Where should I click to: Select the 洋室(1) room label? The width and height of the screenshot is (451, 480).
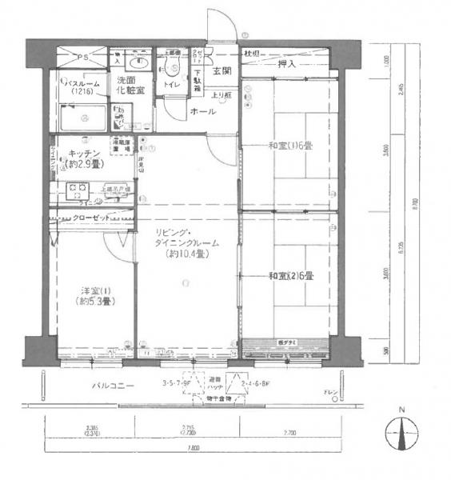tap(94, 295)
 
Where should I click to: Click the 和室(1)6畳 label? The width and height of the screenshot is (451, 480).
tap(289, 146)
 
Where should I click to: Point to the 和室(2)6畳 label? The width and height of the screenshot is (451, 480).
tap(289, 276)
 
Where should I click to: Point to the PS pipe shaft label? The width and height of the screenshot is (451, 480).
tap(83, 58)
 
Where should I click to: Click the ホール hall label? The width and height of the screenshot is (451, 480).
tap(202, 113)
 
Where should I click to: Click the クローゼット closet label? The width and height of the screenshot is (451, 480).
tap(90, 216)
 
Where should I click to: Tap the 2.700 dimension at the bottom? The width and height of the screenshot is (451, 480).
tap(289, 432)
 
